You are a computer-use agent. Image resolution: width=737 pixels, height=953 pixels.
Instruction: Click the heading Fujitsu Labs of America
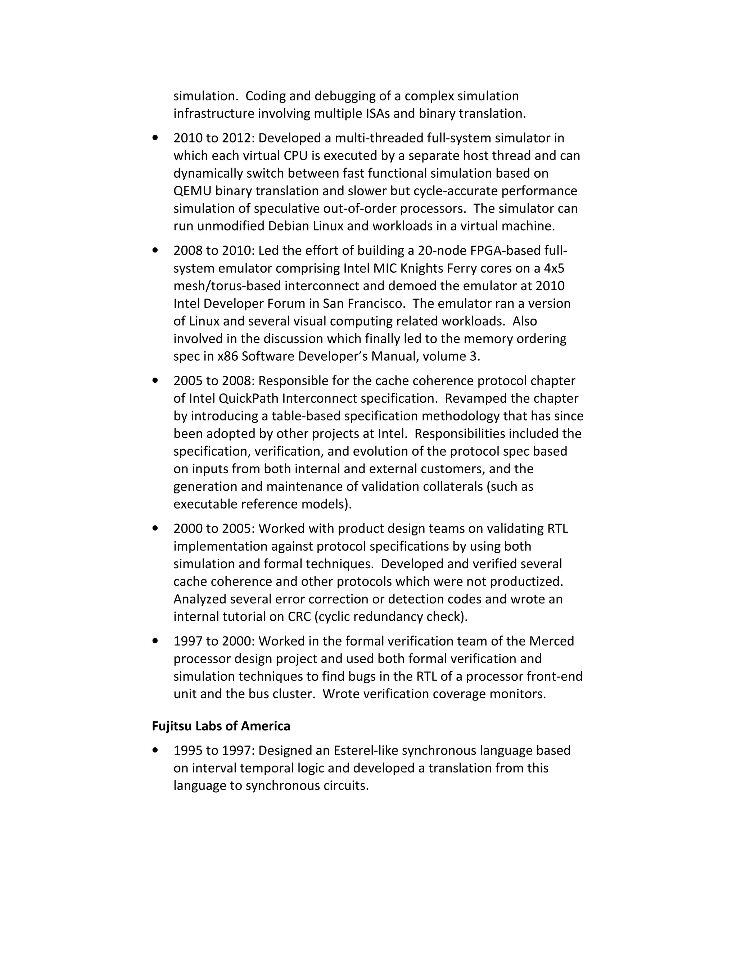pos(221,726)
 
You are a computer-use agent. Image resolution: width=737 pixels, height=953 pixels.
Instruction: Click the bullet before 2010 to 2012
pos(155,138)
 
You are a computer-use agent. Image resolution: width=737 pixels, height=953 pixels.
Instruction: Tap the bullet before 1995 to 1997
pos(155,751)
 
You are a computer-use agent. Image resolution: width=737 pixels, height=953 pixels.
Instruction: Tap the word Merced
pos(551,641)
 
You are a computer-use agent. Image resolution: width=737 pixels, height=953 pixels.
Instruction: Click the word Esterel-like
pos(366,751)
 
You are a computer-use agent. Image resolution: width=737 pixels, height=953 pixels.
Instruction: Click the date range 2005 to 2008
pos(213,381)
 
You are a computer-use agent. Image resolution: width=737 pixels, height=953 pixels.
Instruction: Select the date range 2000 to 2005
pos(213,528)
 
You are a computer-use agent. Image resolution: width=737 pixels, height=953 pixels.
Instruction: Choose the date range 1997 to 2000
pos(213,641)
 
